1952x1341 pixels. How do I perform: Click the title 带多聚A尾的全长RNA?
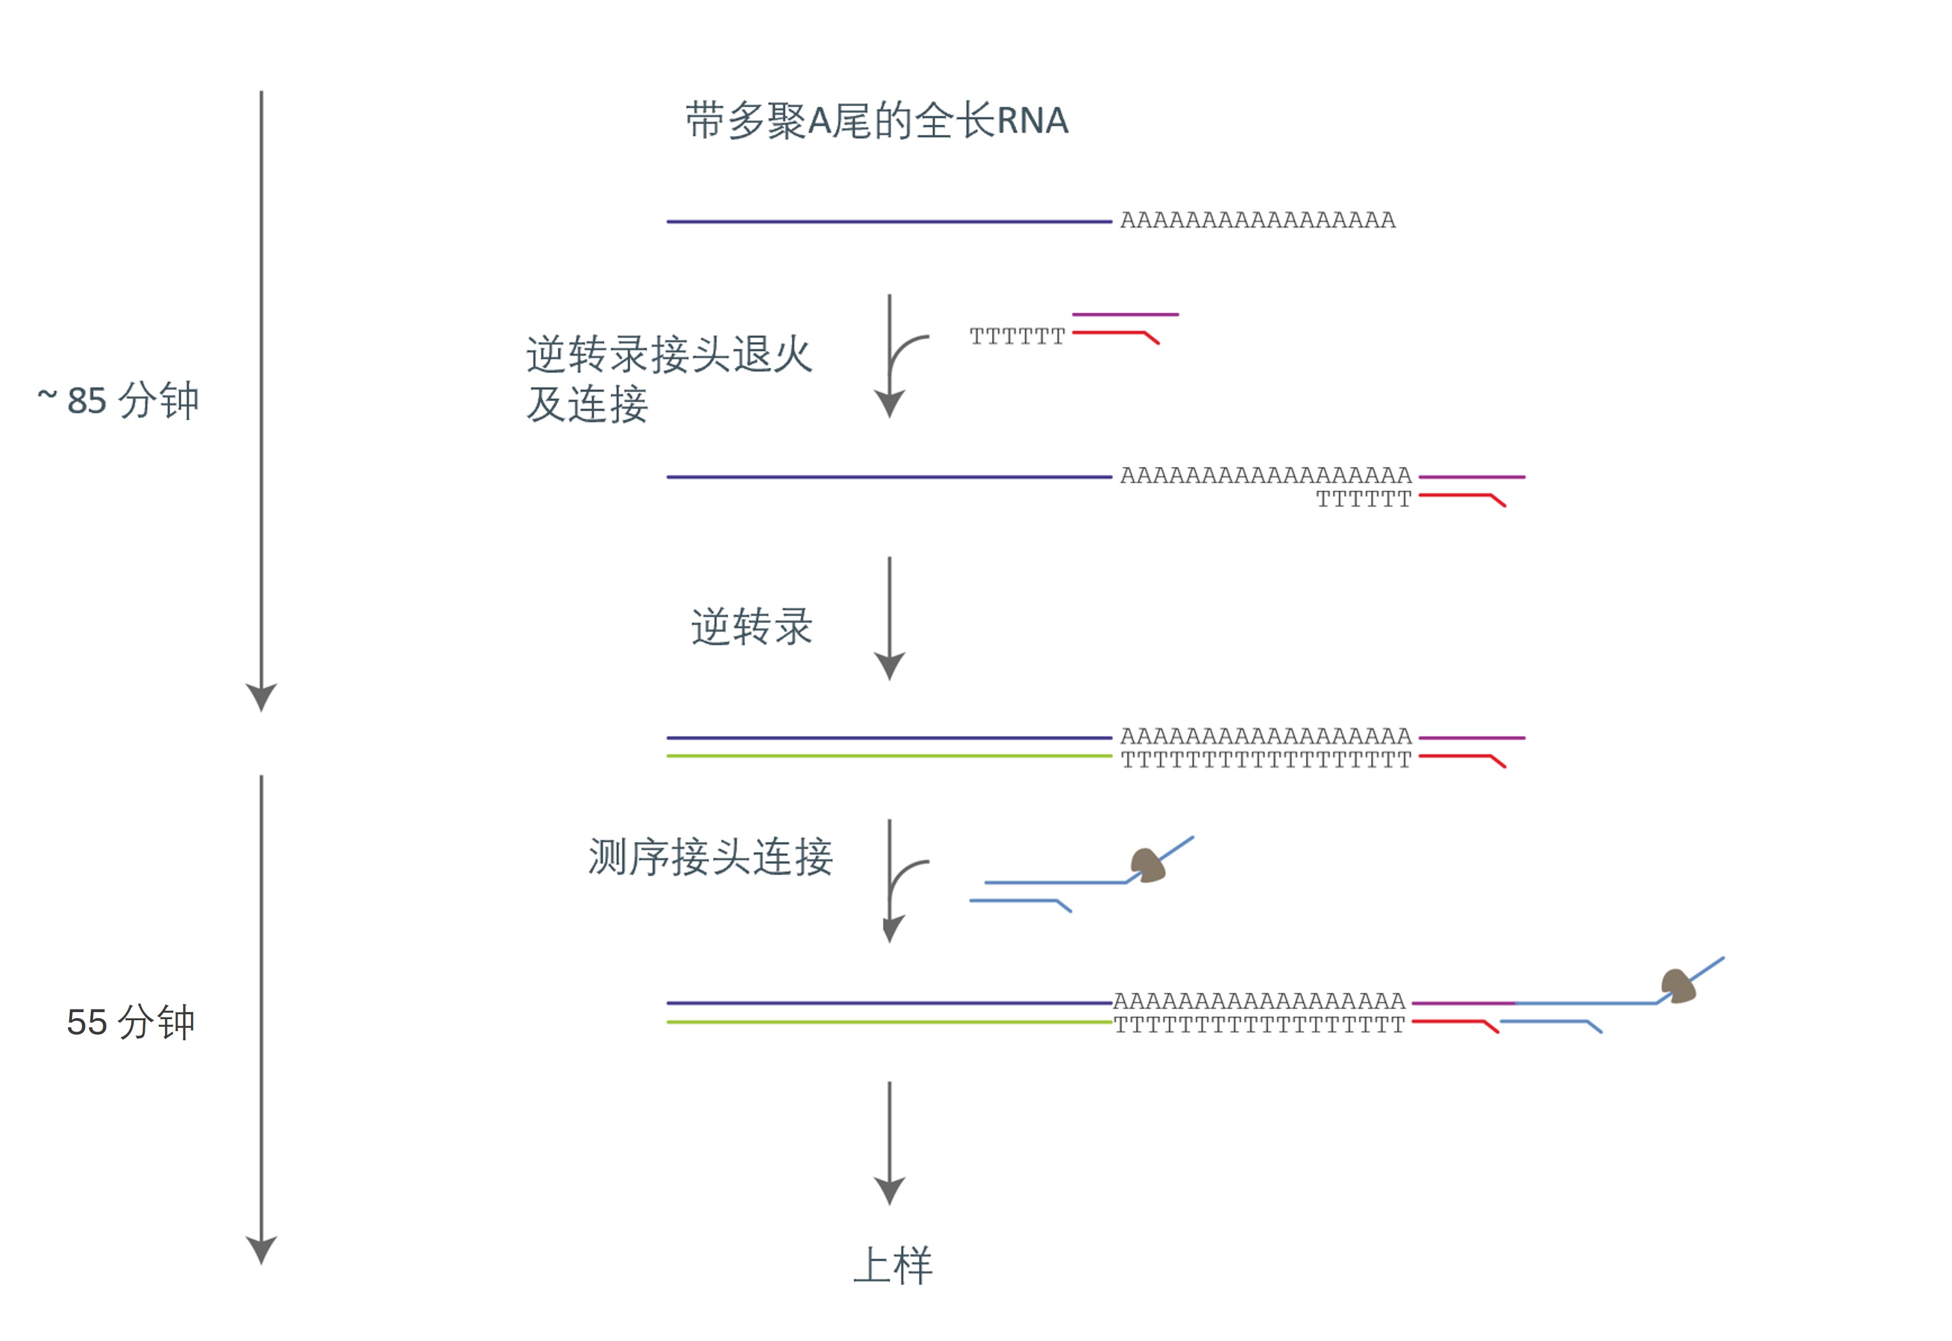pos(876,121)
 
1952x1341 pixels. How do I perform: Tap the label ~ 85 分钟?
pos(119,401)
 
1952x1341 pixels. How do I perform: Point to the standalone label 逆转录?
pos(751,627)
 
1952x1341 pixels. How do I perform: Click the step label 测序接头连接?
pos(710,857)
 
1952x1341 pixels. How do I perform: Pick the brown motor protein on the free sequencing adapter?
pos(1147,865)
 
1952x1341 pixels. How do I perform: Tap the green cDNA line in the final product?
pos(889,1022)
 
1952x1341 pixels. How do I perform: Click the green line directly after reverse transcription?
pos(889,756)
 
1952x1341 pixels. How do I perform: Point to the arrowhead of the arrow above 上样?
pos(890,1191)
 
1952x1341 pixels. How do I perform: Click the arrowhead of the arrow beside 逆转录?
pos(890,666)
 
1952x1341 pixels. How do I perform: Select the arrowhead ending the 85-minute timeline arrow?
pos(261,697)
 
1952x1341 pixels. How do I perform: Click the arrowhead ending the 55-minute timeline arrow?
pos(261,1251)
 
